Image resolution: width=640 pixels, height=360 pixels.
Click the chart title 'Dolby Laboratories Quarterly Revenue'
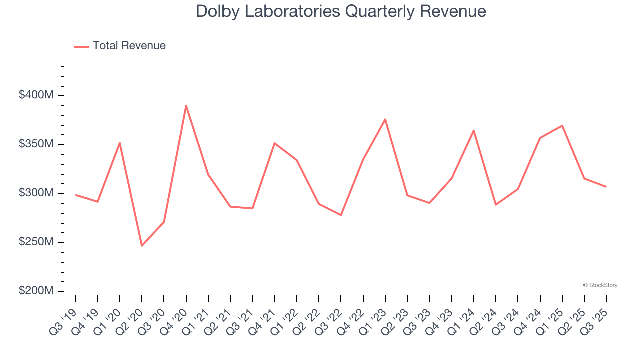tap(341, 11)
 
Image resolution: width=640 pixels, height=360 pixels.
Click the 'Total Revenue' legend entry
tap(129, 46)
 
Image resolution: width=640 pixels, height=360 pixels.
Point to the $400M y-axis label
tap(36, 95)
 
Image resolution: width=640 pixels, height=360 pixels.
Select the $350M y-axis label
tap(36, 144)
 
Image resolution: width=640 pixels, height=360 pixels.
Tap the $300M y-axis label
tap(36, 193)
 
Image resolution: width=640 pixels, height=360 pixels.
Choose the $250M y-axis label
tap(36, 242)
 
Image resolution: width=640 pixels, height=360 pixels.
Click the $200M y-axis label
tap(36, 291)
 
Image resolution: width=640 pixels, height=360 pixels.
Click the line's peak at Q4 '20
tap(186, 105)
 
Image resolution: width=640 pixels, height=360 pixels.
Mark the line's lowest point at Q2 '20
tap(142, 246)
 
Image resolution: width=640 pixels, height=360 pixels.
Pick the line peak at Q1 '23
tap(385, 119)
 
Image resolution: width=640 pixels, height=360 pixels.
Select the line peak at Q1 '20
tap(120, 143)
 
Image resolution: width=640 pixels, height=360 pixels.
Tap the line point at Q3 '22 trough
tap(341, 215)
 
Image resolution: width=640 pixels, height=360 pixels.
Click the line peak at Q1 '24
tap(474, 130)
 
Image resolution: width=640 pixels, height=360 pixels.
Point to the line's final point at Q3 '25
tap(606, 187)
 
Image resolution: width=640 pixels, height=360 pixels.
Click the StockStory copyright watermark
tap(600, 285)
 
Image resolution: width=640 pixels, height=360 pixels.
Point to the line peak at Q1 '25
tap(562, 125)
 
